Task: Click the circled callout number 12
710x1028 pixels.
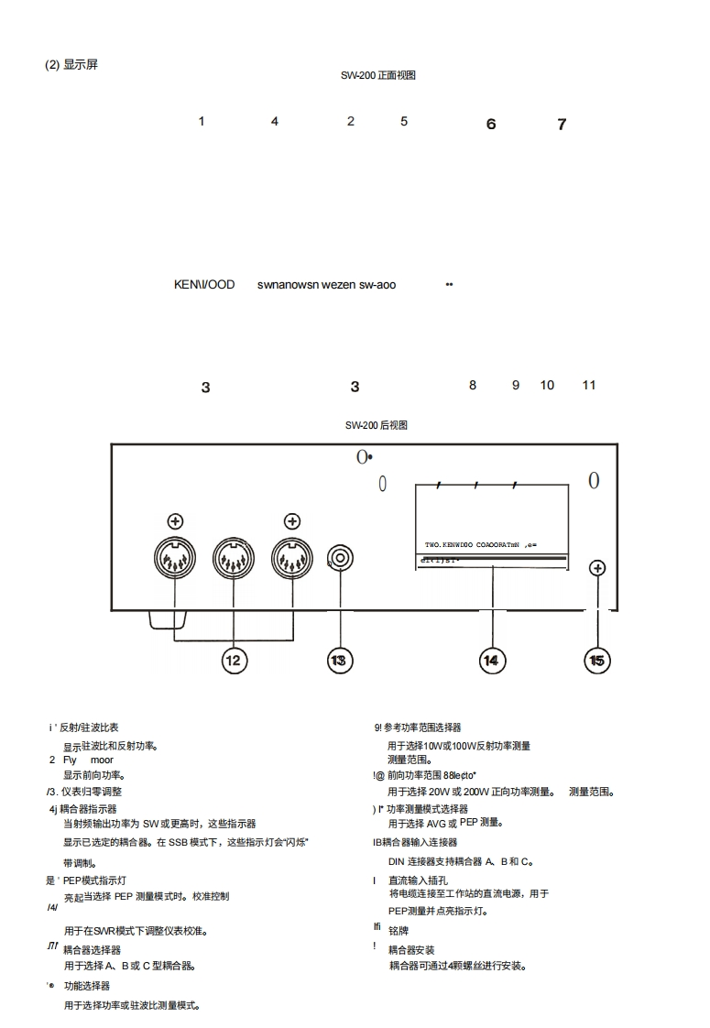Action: point(235,660)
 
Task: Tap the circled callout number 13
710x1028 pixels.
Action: point(340,660)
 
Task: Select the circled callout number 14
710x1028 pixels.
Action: point(493,660)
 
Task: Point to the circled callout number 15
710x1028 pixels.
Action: point(597,660)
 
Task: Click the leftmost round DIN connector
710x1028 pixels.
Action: point(174,557)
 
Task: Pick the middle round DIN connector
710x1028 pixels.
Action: point(234,557)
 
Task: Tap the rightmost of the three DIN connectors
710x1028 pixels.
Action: point(292,557)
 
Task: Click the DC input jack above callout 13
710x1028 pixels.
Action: point(341,557)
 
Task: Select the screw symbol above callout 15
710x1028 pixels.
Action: point(597,568)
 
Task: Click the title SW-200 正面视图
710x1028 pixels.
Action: point(377,75)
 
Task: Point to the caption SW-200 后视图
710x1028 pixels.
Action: point(377,425)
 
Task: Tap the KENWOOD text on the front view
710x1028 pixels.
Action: point(204,285)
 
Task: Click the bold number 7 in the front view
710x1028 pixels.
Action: point(562,125)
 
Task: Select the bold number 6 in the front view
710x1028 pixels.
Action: point(491,125)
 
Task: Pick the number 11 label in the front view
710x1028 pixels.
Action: point(589,385)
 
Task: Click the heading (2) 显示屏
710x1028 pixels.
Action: point(71,65)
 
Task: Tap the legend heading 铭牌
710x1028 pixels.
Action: point(399,930)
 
